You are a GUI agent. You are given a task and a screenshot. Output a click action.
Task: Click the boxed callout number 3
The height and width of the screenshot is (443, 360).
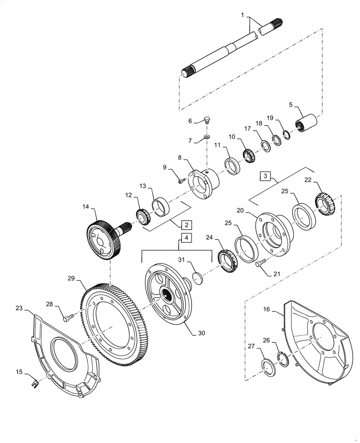point(265,176)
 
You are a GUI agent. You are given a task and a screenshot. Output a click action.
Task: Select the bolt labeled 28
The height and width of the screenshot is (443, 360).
point(67,318)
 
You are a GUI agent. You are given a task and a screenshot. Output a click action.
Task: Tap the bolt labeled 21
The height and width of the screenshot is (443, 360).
point(260,264)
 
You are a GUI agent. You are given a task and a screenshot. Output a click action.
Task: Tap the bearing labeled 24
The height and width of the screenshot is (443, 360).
point(228,262)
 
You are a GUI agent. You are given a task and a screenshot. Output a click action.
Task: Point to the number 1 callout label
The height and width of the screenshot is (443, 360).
point(243,16)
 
